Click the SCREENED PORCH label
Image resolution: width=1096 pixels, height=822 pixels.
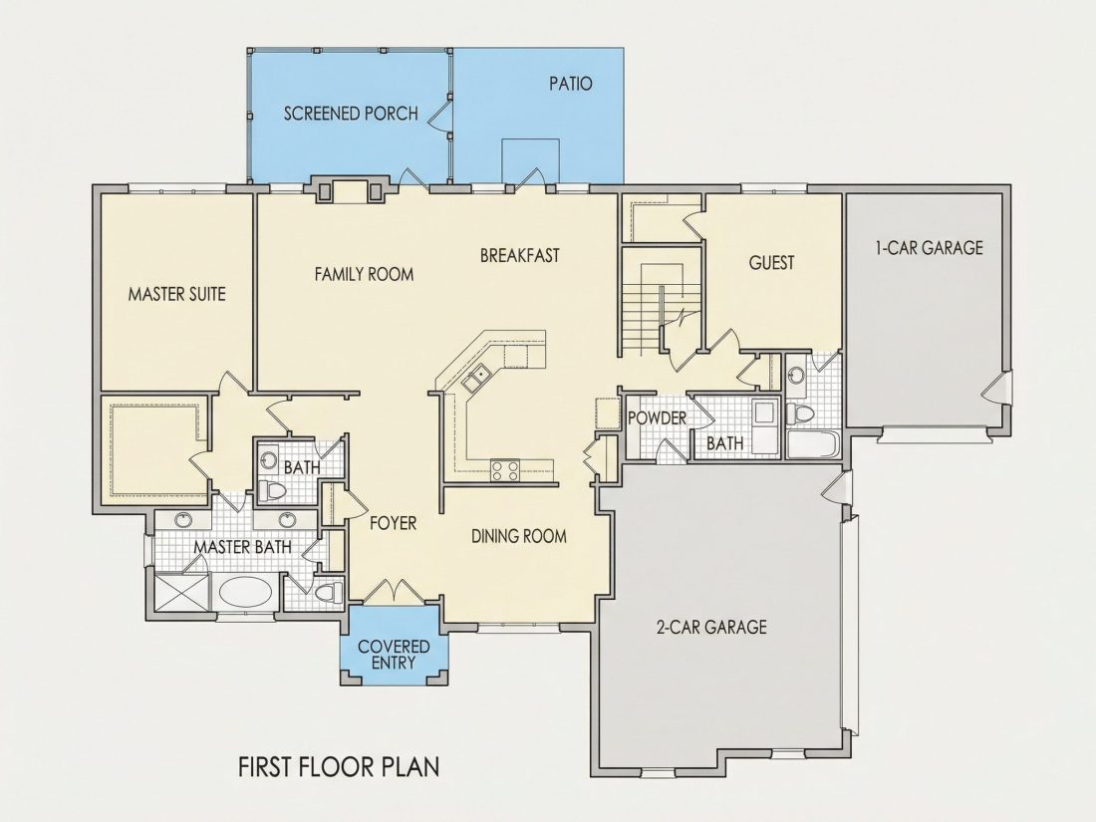coord(351,114)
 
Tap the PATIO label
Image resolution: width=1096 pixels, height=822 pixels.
coord(570,84)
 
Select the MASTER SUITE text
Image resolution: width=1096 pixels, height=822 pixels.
coord(176,294)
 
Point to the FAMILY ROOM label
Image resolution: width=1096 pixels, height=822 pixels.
coord(364,274)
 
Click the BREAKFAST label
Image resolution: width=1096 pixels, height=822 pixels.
coord(519,256)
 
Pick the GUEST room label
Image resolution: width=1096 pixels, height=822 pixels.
coord(771,263)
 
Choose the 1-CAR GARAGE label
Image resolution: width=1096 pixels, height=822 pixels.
coord(929,247)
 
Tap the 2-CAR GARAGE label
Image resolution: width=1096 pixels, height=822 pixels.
coord(711,627)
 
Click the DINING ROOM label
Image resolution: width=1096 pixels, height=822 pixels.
coord(519,536)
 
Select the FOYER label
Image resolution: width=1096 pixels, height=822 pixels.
coord(393,523)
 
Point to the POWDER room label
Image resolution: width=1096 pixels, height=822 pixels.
coord(657,418)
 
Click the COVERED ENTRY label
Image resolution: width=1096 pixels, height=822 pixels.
coord(394,655)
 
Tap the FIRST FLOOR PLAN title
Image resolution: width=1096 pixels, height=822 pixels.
coord(339,767)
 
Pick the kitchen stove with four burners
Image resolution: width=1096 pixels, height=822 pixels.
coord(505,469)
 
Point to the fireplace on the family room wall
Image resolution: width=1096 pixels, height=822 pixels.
coord(349,190)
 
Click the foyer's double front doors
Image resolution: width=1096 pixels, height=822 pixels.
coord(395,591)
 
